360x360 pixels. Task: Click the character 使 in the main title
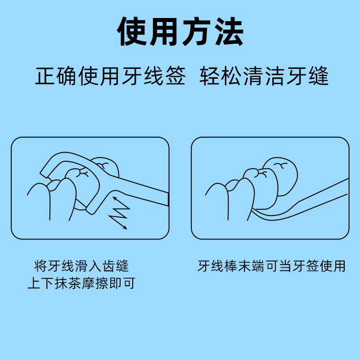[132, 31]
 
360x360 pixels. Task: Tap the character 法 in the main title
[229, 31]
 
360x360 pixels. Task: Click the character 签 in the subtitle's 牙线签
[175, 76]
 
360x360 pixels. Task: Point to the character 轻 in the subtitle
[209, 76]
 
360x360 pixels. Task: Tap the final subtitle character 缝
[319, 76]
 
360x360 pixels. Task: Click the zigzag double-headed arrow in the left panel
[119, 212]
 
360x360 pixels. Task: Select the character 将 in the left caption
[41, 266]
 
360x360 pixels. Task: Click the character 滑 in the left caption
[81, 266]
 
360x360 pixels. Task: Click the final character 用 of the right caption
[339, 266]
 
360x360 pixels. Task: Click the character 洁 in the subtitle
[275, 76]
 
